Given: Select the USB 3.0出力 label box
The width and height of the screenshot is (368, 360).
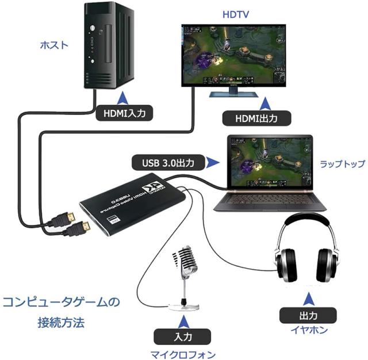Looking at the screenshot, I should coord(167,163).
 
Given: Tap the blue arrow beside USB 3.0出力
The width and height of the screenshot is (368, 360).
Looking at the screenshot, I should coord(213,163).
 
